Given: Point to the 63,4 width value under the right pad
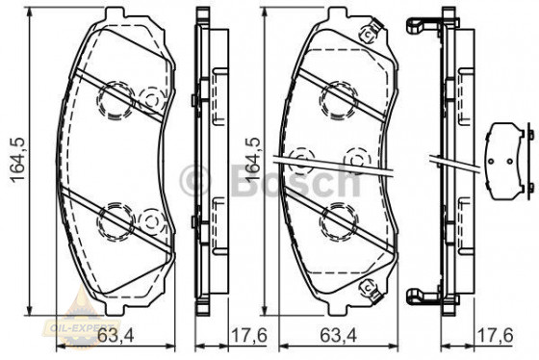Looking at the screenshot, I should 337,336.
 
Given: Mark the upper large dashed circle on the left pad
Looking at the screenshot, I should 113,96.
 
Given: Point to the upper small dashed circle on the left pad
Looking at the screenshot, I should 150,98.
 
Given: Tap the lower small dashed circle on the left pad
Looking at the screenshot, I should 150,221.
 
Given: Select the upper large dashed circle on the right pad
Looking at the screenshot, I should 337,93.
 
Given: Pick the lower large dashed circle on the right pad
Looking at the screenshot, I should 337,218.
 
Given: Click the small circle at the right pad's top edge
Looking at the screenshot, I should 367,36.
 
